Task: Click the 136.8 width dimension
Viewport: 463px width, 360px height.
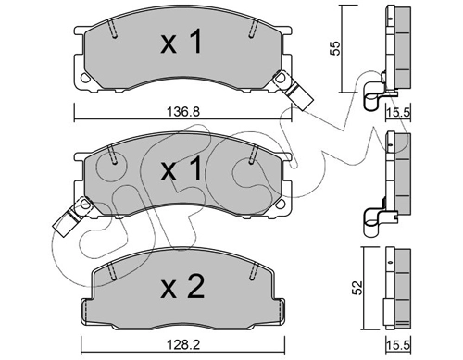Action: point(183,111)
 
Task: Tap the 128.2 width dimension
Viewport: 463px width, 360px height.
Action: point(183,344)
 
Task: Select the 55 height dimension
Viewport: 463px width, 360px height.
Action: point(335,48)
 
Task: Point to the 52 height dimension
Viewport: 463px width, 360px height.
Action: point(358,288)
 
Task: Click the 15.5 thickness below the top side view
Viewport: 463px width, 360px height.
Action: point(398,112)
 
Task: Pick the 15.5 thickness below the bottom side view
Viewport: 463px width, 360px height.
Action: point(398,345)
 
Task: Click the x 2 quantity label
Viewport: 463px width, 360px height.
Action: point(182,288)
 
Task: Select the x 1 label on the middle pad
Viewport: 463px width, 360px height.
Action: point(181,168)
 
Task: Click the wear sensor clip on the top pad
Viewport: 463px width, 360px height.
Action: point(294,91)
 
